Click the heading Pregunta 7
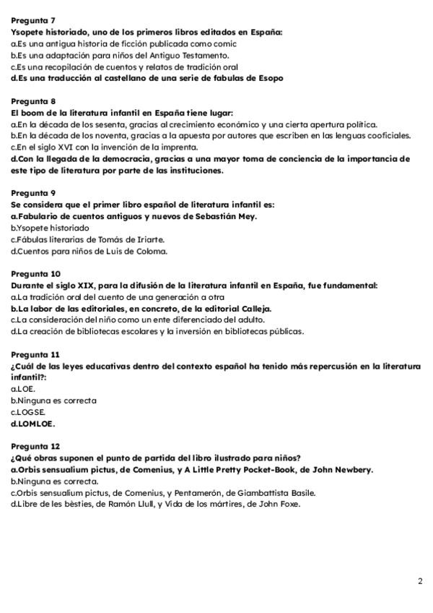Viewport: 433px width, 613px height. (x=32, y=20)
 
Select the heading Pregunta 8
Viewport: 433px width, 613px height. (x=32, y=101)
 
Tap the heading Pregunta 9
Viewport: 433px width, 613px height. (x=32, y=193)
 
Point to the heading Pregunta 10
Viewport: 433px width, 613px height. (x=35, y=274)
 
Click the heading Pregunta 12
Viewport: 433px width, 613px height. (x=35, y=446)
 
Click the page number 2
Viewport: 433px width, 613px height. (x=420, y=581)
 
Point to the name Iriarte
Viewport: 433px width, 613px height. (x=147, y=239)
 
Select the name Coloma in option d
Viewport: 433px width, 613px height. (x=149, y=251)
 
